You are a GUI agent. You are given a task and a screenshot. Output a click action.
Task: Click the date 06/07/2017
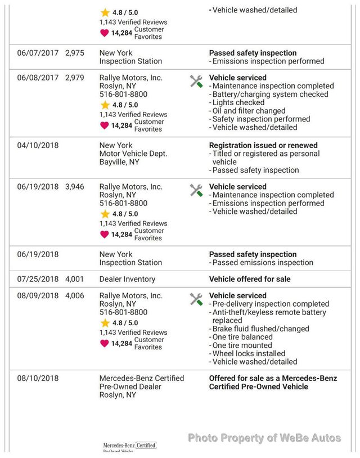pyautogui.click(x=38, y=53)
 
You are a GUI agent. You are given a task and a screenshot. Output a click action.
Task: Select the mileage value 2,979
pyautogui.click(x=74, y=78)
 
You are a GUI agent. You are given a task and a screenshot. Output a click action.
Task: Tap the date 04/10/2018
pyautogui.click(x=38, y=145)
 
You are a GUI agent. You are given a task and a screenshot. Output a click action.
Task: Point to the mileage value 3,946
pyautogui.click(x=74, y=187)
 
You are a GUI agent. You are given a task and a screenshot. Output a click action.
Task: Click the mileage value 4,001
pyautogui.click(x=74, y=279)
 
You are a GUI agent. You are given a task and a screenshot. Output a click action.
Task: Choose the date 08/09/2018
pyautogui.click(x=38, y=296)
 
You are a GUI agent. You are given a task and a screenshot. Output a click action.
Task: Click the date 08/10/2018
pyautogui.click(x=38, y=379)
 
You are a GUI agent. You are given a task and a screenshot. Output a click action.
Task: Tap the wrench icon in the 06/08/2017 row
pyautogui.click(x=196, y=82)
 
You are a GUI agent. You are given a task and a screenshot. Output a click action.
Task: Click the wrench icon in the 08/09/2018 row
pyautogui.click(x=196, y=299)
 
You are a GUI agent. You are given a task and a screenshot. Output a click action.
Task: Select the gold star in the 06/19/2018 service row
pyautogui.click(x=105, y=214)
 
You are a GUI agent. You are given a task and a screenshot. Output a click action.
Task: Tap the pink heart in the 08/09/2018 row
pyautogui.click(x=104, y=343)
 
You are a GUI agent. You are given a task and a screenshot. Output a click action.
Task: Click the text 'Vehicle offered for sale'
pyautogui.click(x=250, y=279)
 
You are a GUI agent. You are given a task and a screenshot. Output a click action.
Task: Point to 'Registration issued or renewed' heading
pyautogui.click(x=263, y=145)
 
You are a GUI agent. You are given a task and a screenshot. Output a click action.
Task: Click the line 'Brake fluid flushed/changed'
pyautogui.click(x=260, y=329)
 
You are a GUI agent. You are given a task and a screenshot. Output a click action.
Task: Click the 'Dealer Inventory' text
pyautogui.click(x=127, y=279)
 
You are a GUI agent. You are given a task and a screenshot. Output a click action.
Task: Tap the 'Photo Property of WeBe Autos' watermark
pyautogui.click(x=264, y=438)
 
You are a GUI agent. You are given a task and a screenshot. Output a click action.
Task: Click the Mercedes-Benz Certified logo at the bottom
pyautogui.click(x=129, y=447)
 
